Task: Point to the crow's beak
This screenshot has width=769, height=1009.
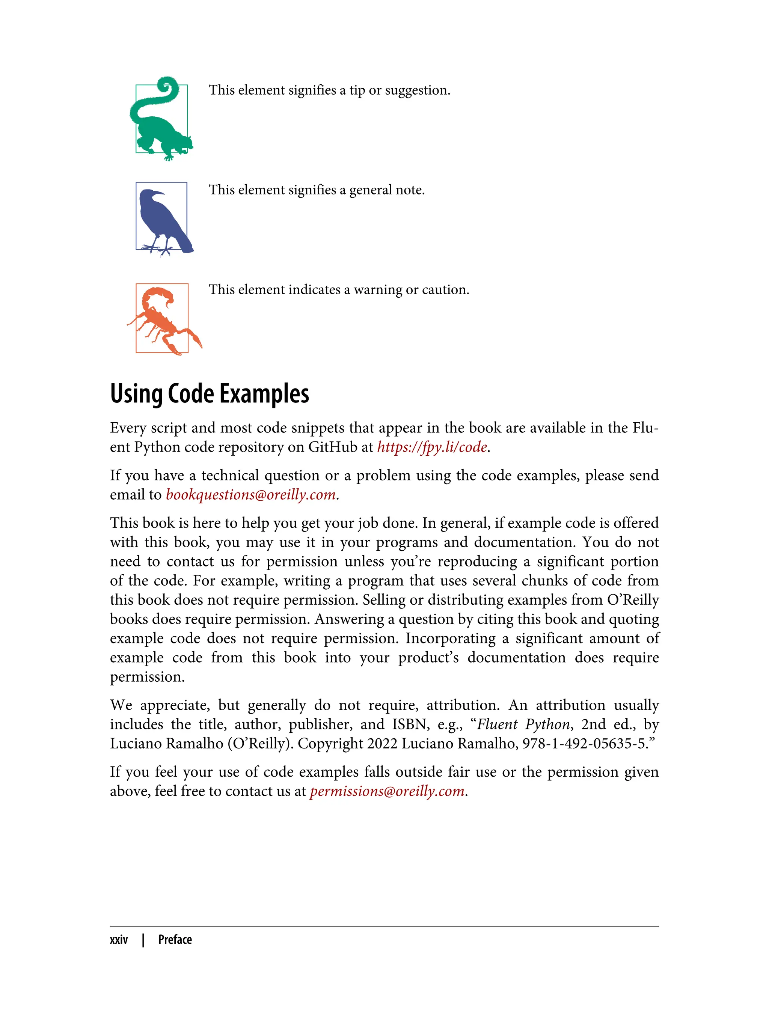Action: tap(158, 193)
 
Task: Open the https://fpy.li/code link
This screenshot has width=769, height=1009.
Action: tap(432, 447)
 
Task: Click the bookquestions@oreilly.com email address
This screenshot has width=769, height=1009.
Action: tap(250, 495)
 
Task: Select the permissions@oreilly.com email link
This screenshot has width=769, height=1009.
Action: tap(387, 791)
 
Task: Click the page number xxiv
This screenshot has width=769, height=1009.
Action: tap(119, 940)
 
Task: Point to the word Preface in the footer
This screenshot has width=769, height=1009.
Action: tap(175, 940)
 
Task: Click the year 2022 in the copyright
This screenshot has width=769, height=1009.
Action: tap(382, 744)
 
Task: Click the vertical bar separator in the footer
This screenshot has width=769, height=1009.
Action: tap(143, 940)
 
